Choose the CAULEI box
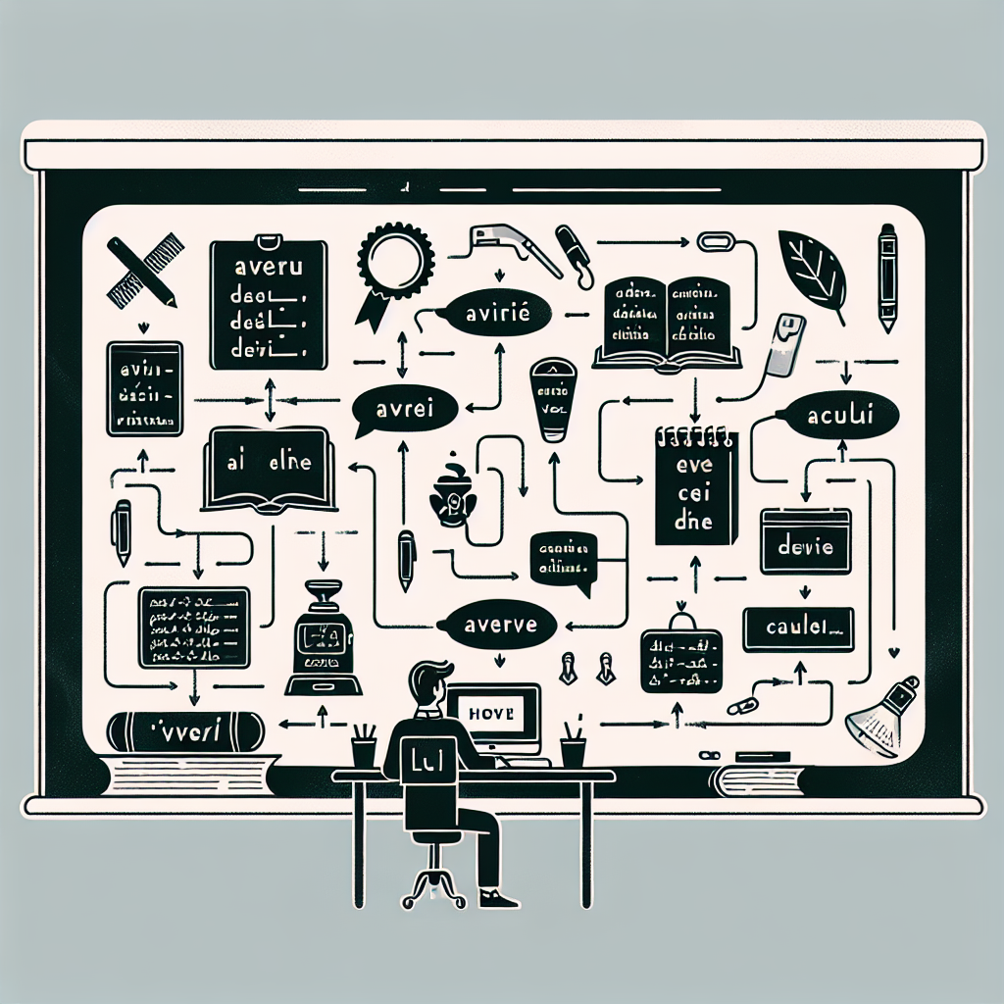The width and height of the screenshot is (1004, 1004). point(798,628)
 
